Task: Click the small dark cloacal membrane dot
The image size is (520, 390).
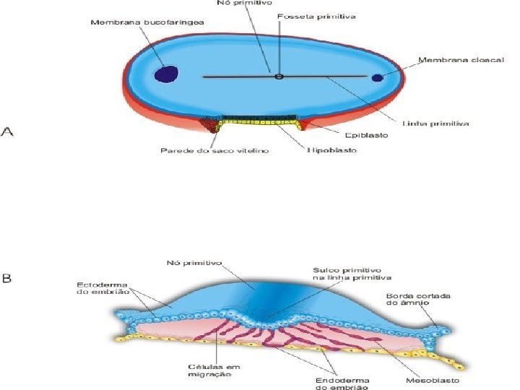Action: [377, 77]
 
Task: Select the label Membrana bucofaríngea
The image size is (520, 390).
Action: [147, 22]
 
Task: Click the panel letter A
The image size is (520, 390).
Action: [9, 131]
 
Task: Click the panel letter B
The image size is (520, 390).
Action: [8, 278]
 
